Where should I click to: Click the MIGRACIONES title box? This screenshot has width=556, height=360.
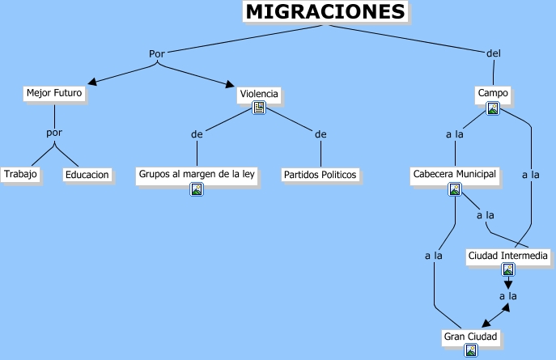coord(325,12)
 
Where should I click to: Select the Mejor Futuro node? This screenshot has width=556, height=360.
coord(54,93)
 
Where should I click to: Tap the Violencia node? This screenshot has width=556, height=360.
coord(259,94)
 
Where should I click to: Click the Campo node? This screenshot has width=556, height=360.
coord(493,93)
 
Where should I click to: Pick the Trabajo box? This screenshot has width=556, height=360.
coord(20,174)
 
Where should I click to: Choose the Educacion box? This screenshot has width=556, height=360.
coord(87,174)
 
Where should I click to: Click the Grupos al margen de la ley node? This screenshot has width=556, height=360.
coord(197,174)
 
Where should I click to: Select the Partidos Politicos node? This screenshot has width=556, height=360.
coord(320,174)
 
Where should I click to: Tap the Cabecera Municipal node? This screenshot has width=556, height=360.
coord(455,174)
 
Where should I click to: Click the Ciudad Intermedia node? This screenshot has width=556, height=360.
coord(509,256)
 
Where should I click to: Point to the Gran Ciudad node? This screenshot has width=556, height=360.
coord(470,336)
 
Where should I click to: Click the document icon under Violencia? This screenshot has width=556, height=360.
coord(259,108)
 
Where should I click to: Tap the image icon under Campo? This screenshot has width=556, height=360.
coord(492,108)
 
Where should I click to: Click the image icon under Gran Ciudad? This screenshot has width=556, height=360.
coord(470,350)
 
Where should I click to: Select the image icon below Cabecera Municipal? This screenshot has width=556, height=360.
coord(455,189)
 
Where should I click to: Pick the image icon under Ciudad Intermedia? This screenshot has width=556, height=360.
coord(508,270)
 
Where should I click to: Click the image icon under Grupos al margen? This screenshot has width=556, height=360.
coord(197,189)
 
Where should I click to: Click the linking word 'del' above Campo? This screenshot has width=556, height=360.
coord(494,53)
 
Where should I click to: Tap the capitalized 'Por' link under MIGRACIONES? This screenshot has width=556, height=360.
coord(157,53)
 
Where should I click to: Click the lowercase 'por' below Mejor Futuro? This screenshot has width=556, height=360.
coord(53,133)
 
